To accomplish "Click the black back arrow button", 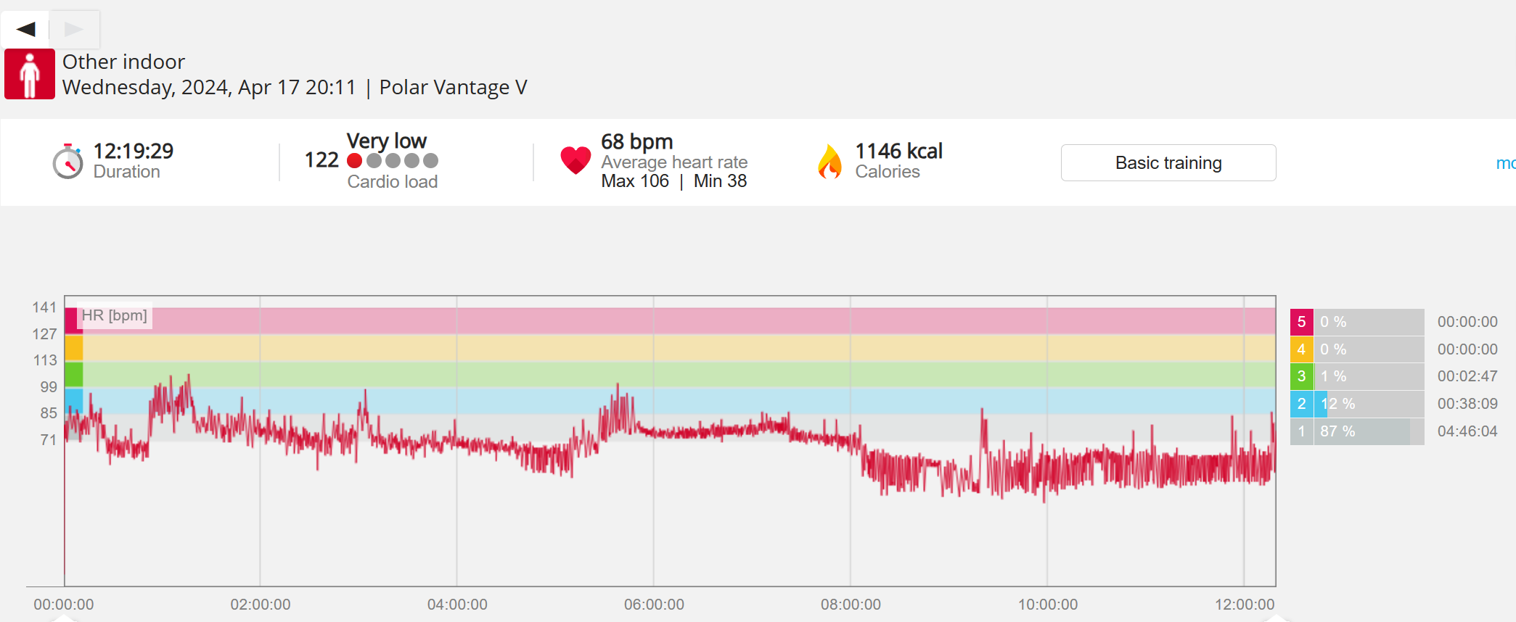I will pyautogui.click(x=26, y=29).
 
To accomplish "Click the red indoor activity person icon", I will pyautogui.click(x=30, y=74).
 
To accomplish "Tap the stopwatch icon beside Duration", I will pyautogui.click(x=67, y=161).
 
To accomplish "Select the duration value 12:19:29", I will pyautogui.click(x=134, y=151).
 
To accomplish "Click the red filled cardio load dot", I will pyautogui.click(x=355, y=160).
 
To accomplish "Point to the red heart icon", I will pyautogui.click(x=575, y=159).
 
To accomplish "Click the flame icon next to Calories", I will pyautogui.click(x=829, y=161).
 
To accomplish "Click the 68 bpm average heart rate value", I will pyautogui.click(x=636, y=141).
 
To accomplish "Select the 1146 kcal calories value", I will pyautogui.click(x=898, y=151).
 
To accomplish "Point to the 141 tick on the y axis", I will pyautogui.click(x=44, y=307).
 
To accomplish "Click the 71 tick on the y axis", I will pyautogui.click(x=48, y=440).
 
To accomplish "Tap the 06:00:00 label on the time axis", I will pyautogui.click(x=654, y=605).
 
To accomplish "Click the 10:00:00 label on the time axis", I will pyautogui.click(x=1047, y=605).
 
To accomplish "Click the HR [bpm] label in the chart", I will pyautogui.click(x=114, y=315).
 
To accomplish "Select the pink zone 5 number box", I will pyautogui.click(x=1301, y=322).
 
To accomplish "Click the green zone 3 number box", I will pyautogui.click(x=1301, y=376).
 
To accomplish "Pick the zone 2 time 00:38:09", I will pyautogui.click(x=1467, y=404).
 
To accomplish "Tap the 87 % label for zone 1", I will pyautogui.click(x=1337, y=431).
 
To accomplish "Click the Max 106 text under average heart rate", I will pyautogui.click(x=635, y=181).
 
